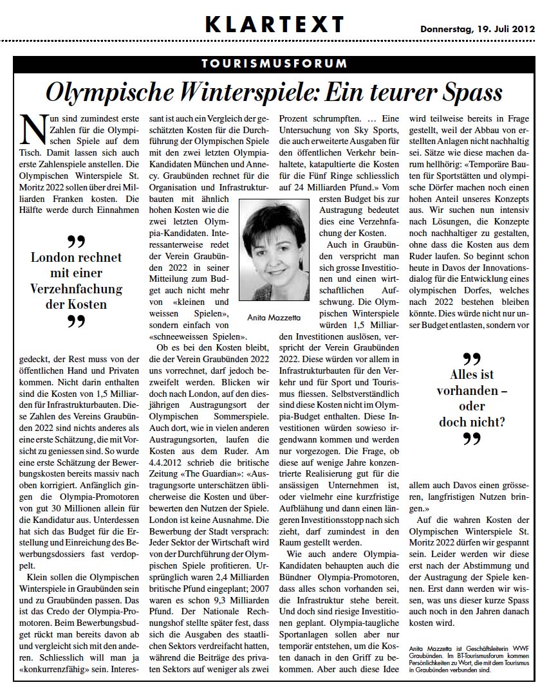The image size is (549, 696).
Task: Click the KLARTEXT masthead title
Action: click(275, 24)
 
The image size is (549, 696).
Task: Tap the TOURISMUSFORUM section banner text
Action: click(274, 64)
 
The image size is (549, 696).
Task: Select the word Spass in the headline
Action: click(469, 92)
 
